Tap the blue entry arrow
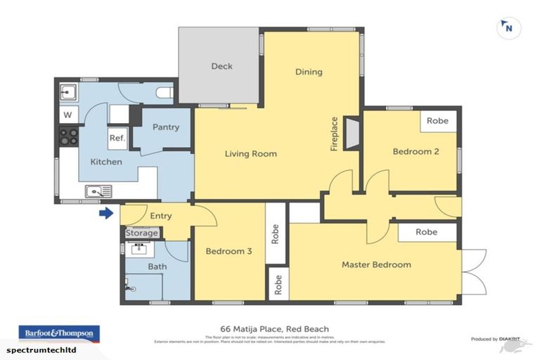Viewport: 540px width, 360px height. point(105,213)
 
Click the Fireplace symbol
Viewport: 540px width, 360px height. point(353,131)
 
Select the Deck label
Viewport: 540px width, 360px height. point(221,67)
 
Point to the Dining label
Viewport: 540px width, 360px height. point(309,72)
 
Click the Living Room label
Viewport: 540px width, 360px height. point(250,153)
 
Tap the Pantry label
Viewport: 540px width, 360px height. point(166,127)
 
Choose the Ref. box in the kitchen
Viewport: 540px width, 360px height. point(117,139)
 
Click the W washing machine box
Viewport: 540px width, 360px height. point(68,115)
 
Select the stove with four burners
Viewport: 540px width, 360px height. point(68,136)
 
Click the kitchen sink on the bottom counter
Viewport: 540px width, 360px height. point(97,190)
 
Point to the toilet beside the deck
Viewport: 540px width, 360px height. point(164,92)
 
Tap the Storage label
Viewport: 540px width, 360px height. point(142,233)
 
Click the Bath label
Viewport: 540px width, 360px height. point(157,266)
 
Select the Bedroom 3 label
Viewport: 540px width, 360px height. point(229,251)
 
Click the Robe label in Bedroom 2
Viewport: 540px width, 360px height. point(437,120)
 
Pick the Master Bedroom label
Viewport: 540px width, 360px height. point(376,264)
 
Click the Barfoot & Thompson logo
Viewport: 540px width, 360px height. point(59,332)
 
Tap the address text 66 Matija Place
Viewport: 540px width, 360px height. point(271,328)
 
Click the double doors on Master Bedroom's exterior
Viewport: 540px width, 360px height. point(474,271)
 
